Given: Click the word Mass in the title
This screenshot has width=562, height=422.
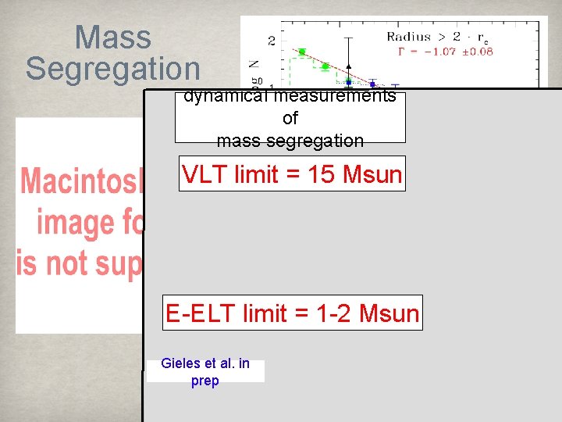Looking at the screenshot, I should [x=112, y=38].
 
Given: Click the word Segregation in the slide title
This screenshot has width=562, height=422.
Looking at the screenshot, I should [x=112, y=69].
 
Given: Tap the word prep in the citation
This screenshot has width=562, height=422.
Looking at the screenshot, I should [x=205, y=381].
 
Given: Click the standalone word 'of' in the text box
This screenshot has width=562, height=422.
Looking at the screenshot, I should [x=290, y=119].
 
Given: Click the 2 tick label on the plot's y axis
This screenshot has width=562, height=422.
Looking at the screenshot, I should [x=272, y=40].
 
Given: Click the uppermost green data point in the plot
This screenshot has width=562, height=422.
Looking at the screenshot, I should [x=301, y=52].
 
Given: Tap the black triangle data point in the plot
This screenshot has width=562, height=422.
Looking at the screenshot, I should [x=350, y=66].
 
